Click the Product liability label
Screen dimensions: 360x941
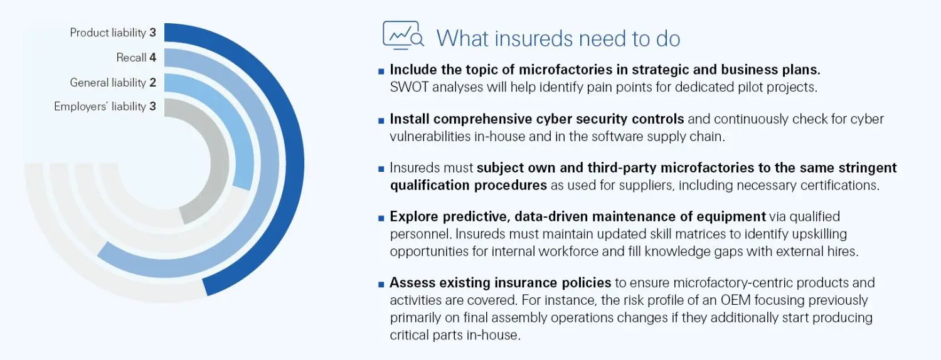(108, 33)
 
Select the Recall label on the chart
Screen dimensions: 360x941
(131, 58)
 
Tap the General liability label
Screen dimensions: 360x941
(108, 82)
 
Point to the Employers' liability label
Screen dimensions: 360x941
(100, 107)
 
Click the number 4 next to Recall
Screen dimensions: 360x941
(152, 58)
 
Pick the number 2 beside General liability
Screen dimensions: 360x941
(152, 82)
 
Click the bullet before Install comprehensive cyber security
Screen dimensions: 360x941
(381, 120)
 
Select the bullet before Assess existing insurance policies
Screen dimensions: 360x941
(381, 284)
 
